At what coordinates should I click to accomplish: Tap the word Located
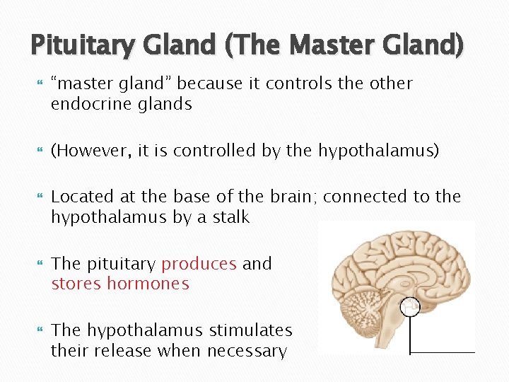point(83,196)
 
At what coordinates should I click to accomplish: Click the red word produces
point(199,264)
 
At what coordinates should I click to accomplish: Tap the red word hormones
point(148,284)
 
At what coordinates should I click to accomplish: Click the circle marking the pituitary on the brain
point(410,306)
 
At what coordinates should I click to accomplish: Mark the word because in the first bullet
point(208,83)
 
